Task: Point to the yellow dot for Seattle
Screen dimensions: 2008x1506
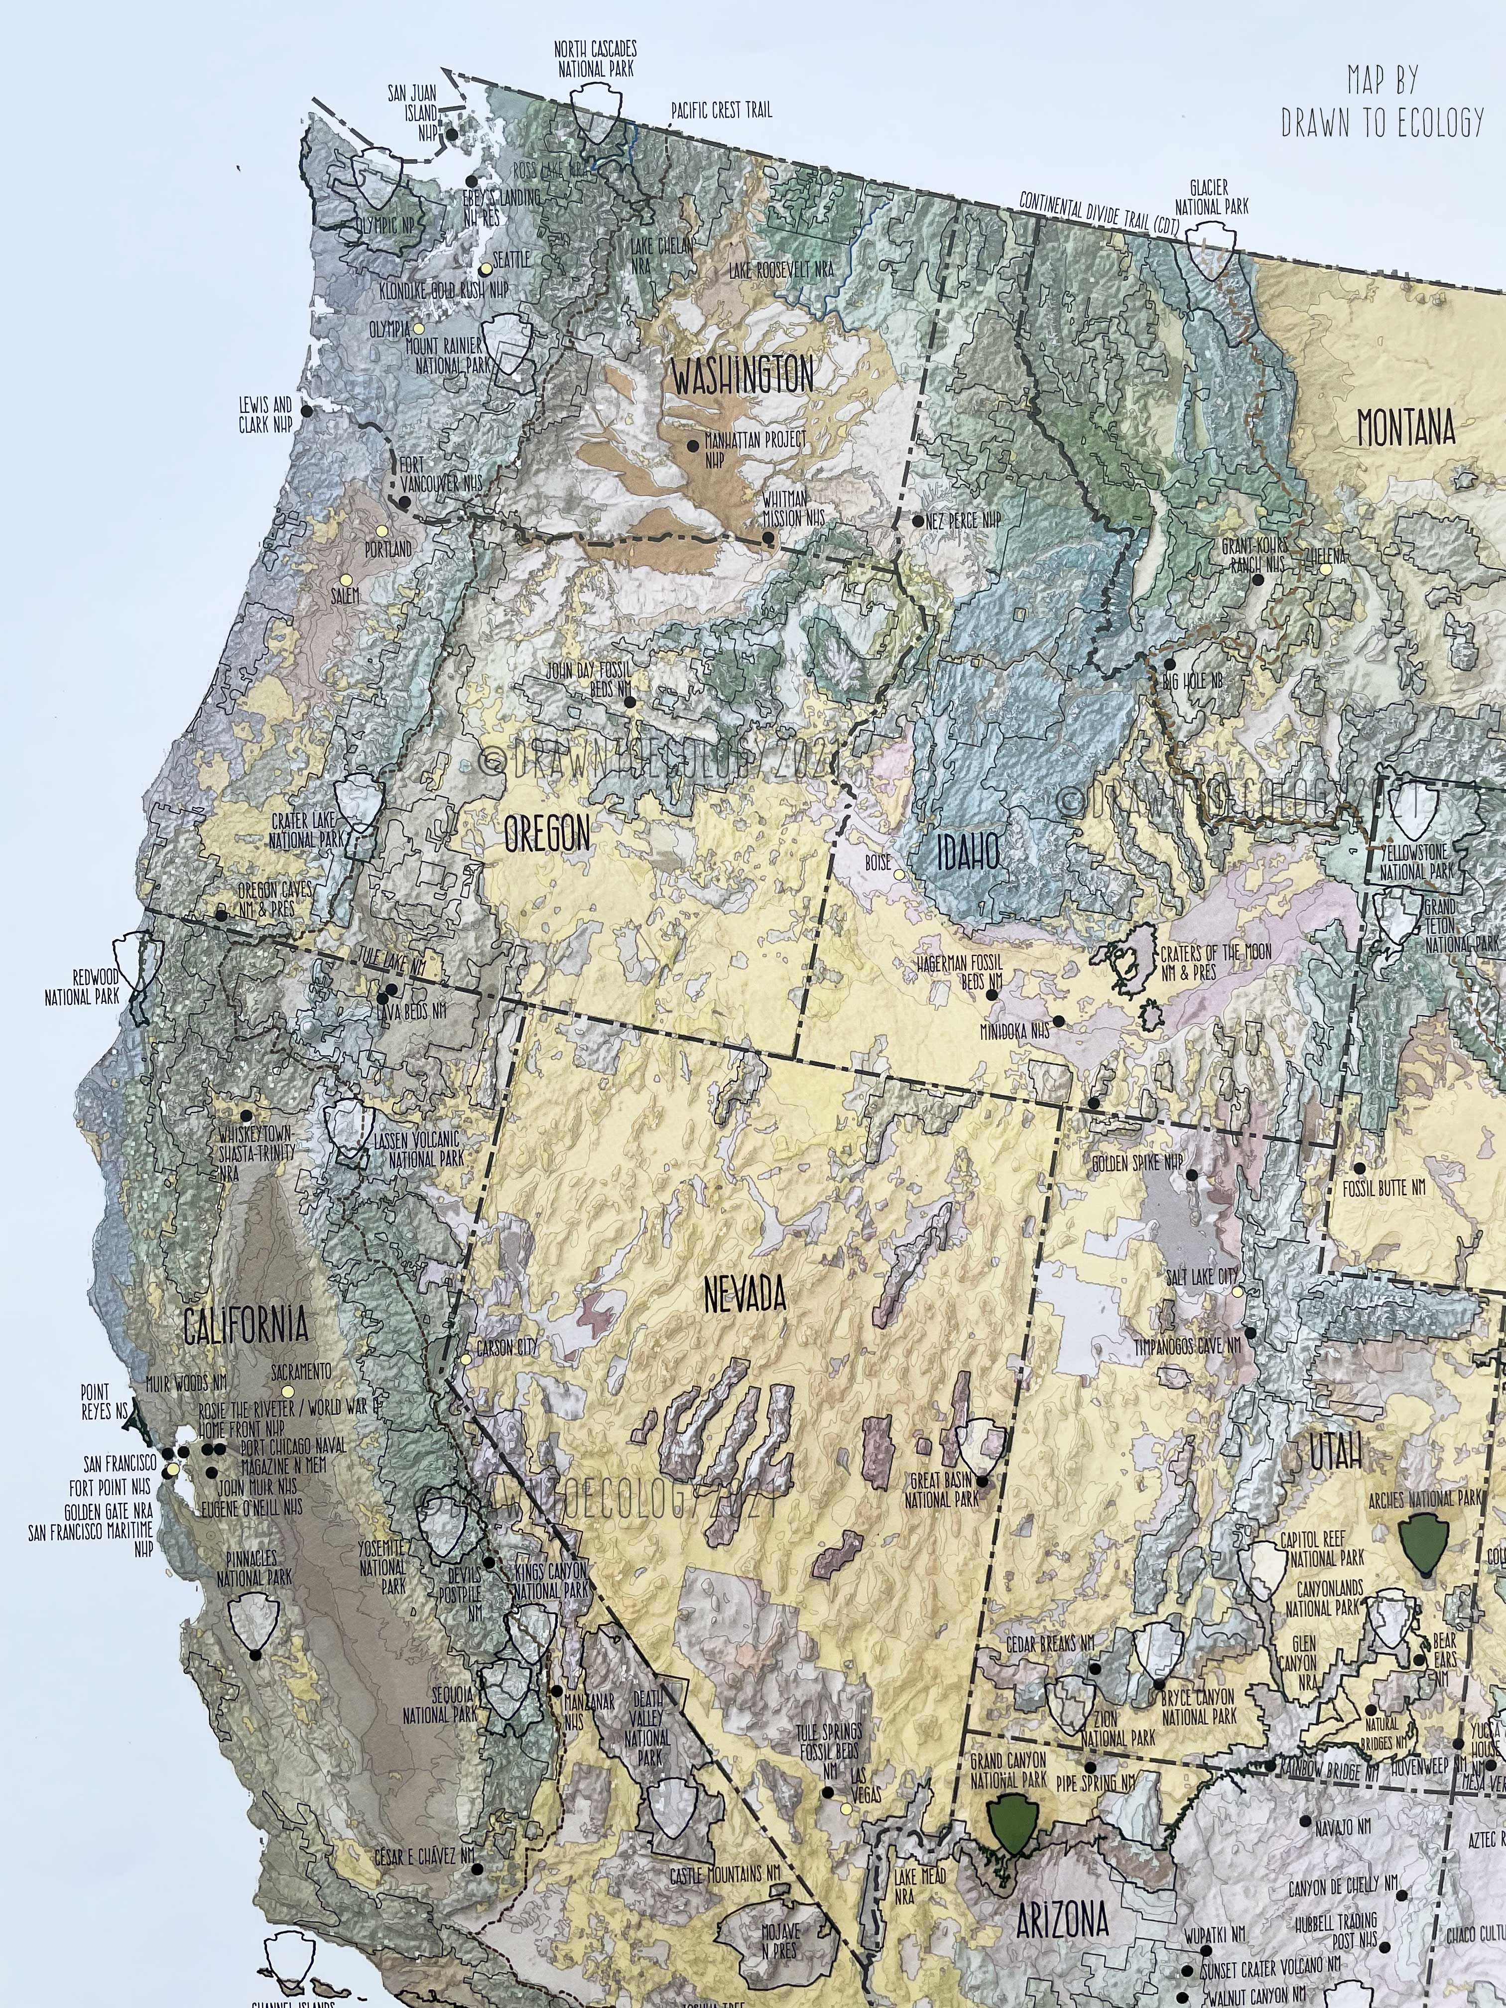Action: click(x=486, y=269)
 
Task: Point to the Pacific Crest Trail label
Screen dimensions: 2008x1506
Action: click(x=722, y=111)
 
